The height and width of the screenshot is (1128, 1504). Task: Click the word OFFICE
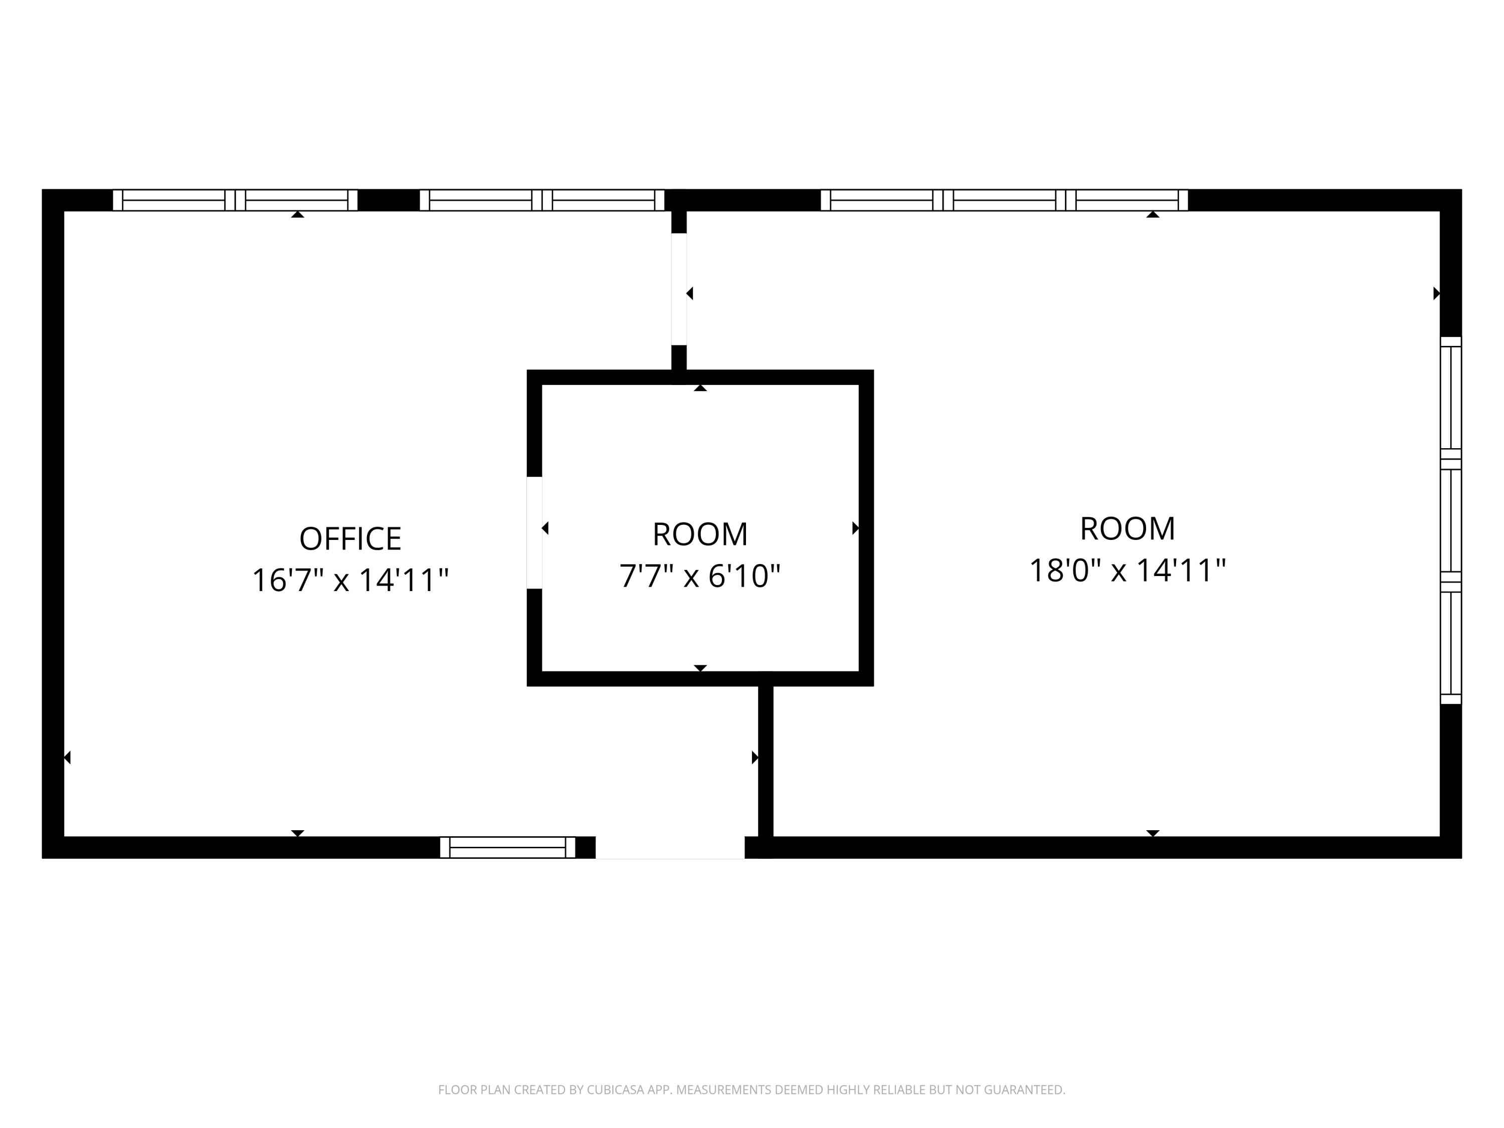click(x=350, y=539)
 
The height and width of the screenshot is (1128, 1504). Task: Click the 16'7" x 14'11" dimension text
click(x=350, y=581)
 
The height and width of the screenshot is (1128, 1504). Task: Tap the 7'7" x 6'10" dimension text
click(x=700, y=576)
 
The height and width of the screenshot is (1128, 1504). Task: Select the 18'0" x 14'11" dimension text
click(x=1127, y=571)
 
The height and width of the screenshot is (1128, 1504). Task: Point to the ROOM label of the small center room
click(x=700, y=534)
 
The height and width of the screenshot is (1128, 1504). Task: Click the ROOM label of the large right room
click(x=1127, y=529)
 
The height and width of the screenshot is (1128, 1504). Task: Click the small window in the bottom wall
click(x=507, y=847)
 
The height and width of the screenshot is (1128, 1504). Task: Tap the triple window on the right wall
click(x=1450, y=521)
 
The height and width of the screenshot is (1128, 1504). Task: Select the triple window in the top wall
click(x=1004, y=200)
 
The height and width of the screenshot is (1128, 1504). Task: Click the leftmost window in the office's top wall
click(x=235, y=200)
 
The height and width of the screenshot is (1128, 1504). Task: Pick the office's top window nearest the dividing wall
click(x=542, y=200)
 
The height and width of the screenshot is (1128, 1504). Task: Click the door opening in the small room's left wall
click(x=534, y=532)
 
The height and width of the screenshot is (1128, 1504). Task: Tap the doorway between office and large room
click(x=679, y=289)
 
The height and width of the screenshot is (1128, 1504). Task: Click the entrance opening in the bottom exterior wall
click(x=670, y=848)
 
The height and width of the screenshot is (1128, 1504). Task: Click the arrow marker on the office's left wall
click(x=67, y=757)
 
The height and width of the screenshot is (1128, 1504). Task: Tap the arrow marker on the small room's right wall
click(x=855, y=527)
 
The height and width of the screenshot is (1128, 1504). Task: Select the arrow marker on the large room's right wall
click(x=1437, y=293)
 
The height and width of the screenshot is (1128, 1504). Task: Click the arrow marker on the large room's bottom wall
click(x=1153, y=833)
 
